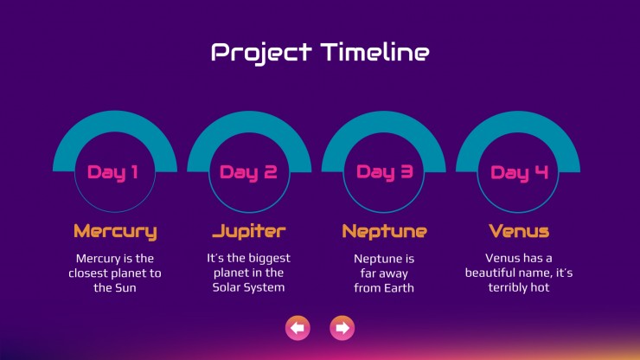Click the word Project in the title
coord(262,53)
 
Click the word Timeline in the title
coord(374,52)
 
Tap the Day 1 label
coord(112,172)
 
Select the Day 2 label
coord(248,172)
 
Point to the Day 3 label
coord(385,172)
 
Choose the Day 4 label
coord(519,173)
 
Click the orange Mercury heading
coord(115,232)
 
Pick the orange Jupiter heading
coord(249,231)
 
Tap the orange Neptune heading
coord(385,232)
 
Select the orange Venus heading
coord(519,231)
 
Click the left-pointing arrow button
coord(298,328)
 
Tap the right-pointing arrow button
coord(342,328)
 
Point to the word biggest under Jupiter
coord(269,259)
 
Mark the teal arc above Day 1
coord(115,122)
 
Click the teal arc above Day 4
coord(518,122)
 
